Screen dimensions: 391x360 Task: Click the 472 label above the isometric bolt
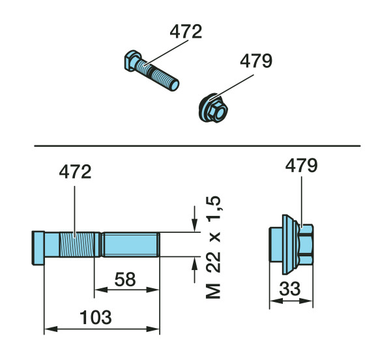click(186, 32)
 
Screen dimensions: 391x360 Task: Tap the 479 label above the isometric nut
click(256, 61)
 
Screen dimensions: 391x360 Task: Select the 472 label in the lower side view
click(76, 172)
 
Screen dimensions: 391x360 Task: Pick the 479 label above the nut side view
click(301, 166)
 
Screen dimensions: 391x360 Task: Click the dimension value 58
click(125, 279)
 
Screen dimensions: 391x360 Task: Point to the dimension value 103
click(96, 318)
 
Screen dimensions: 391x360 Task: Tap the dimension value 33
click(290, 289)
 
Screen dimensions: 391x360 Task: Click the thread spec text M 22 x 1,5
click(214, 247)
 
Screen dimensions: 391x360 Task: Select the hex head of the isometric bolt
click(132, 61)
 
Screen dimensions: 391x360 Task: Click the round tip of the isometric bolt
click(175, 85)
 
